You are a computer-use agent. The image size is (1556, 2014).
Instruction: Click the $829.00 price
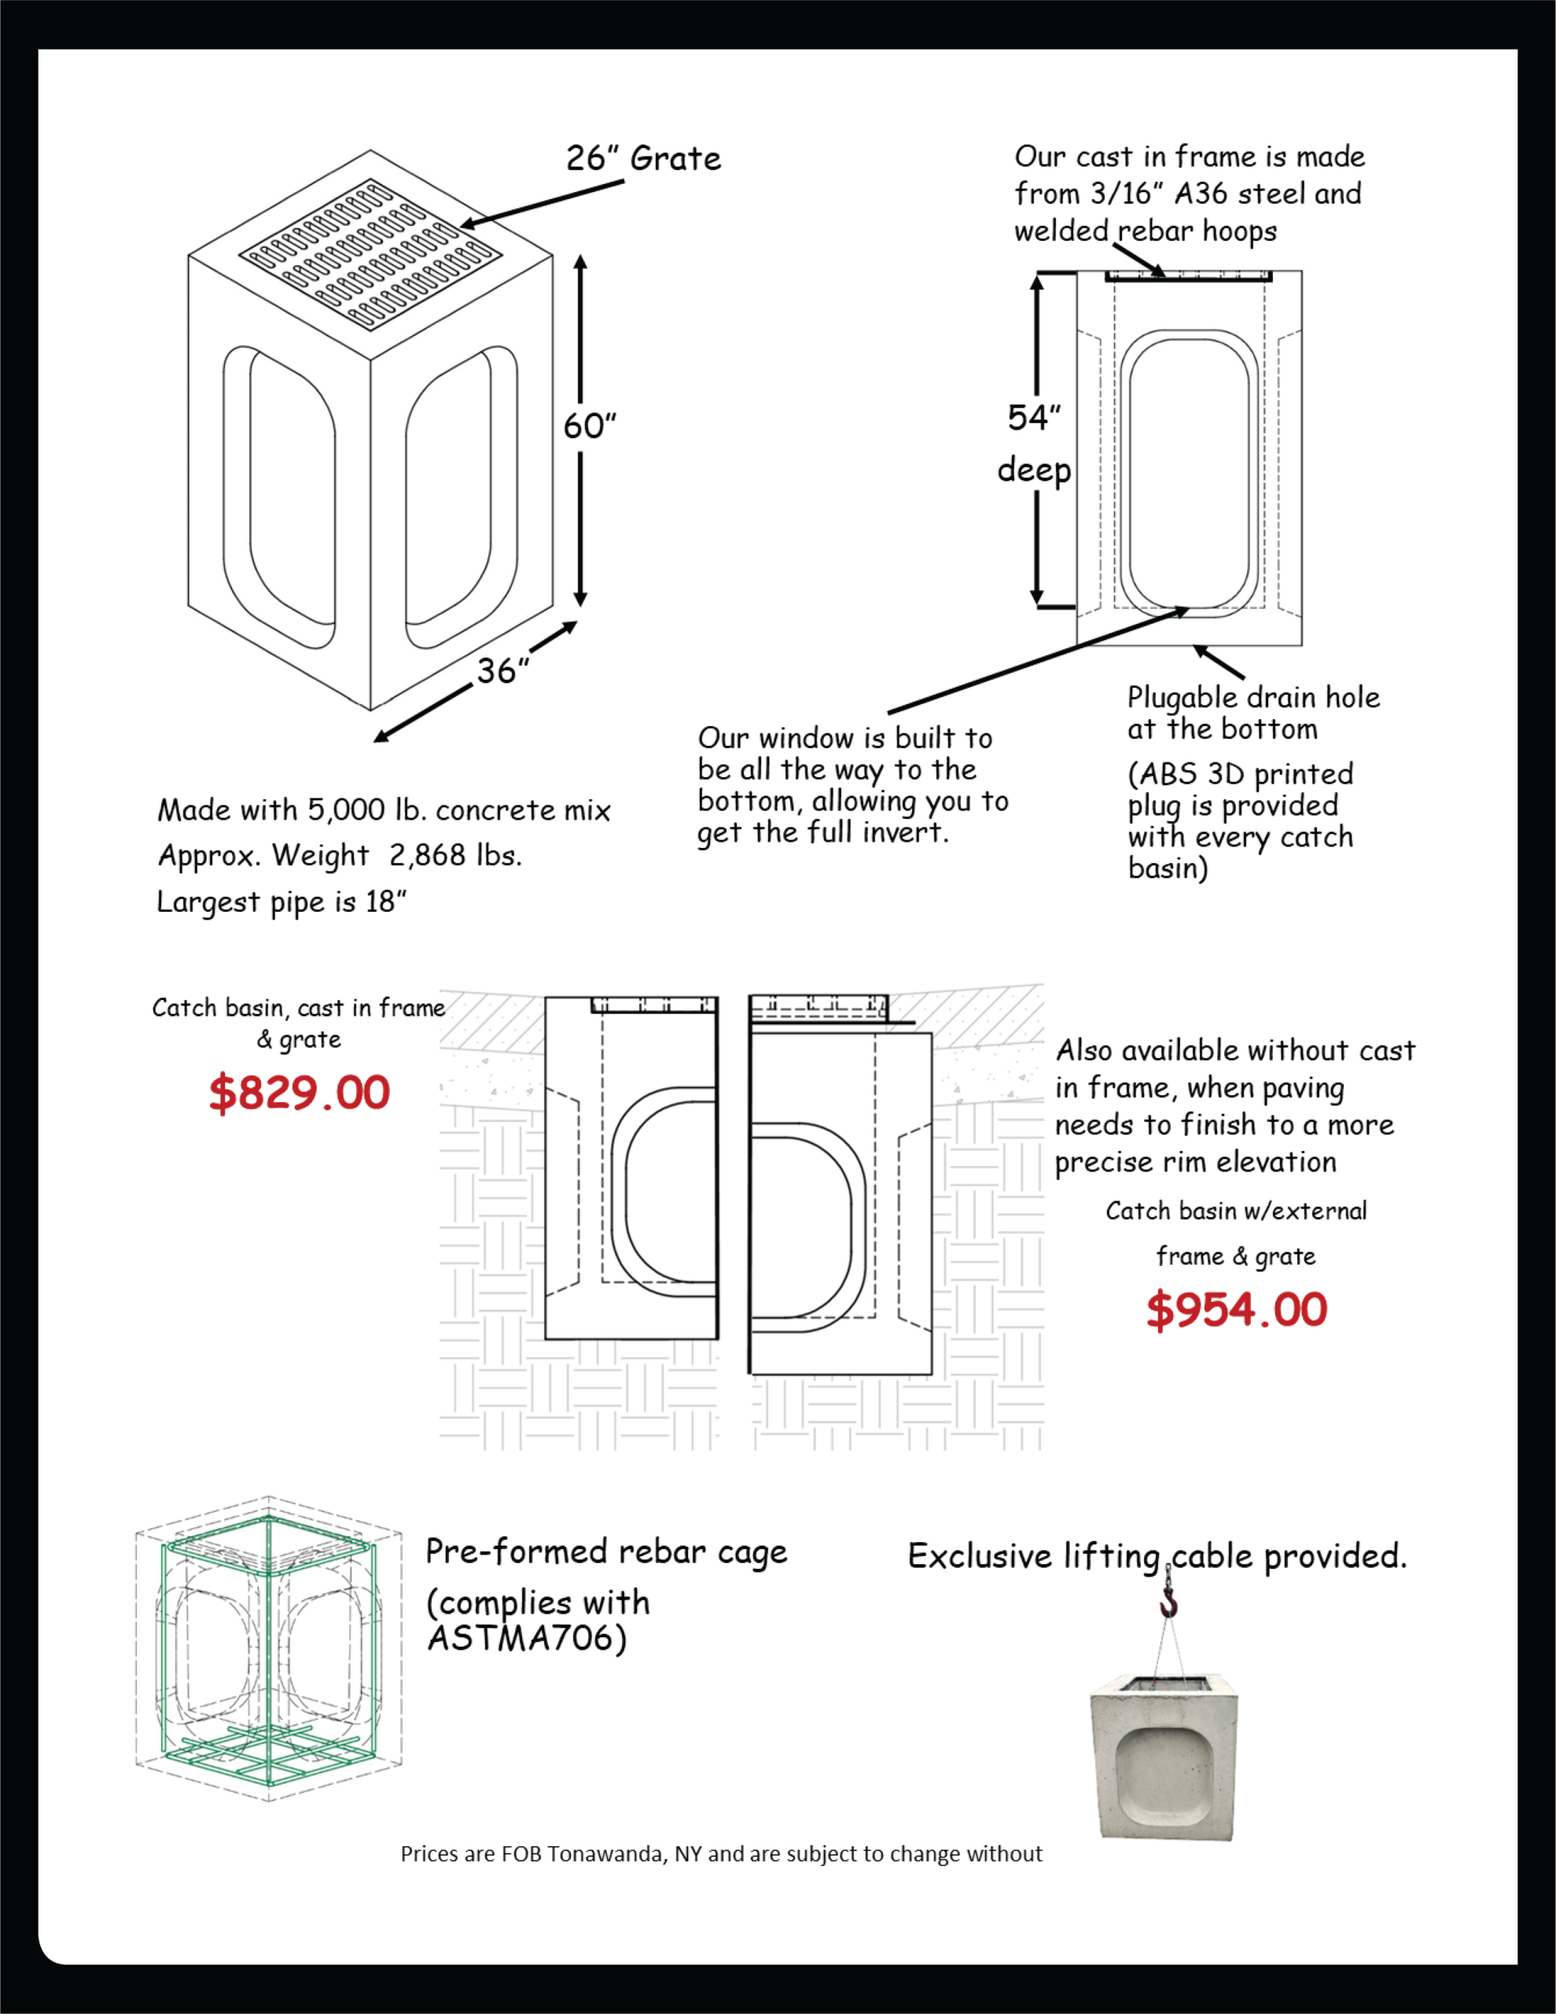point(300,1093)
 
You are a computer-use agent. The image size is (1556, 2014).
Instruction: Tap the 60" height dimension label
point(590,426)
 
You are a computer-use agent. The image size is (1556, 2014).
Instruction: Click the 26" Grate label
point(643,159)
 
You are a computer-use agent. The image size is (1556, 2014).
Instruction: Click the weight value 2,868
point(428,856)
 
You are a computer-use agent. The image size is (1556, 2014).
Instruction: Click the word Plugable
point(1182,699)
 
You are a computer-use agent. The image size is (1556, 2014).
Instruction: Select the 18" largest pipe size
point(386,901)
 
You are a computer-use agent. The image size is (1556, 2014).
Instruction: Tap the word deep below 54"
point(1034,471)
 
